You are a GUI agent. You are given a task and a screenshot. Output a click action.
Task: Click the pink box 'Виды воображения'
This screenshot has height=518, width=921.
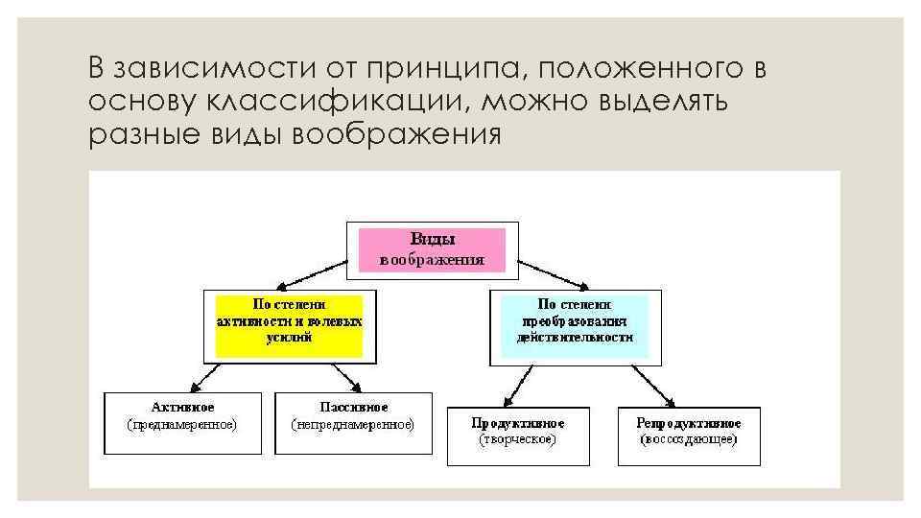click(x=432, y=247)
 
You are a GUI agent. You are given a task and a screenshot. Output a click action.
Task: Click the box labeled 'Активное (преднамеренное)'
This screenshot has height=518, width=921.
click(x=181, y=422)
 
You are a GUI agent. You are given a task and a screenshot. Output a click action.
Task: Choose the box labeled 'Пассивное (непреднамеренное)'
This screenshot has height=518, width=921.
click(x=353, y=422)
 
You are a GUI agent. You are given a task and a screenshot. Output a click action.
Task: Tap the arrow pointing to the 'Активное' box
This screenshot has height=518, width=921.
click(x=197, y=376)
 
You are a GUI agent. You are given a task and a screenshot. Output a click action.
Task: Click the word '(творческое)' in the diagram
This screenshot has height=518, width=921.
click(x=517, y=439)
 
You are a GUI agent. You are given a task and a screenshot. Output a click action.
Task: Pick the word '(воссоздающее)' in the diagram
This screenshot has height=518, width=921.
click(x=688, y=439)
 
